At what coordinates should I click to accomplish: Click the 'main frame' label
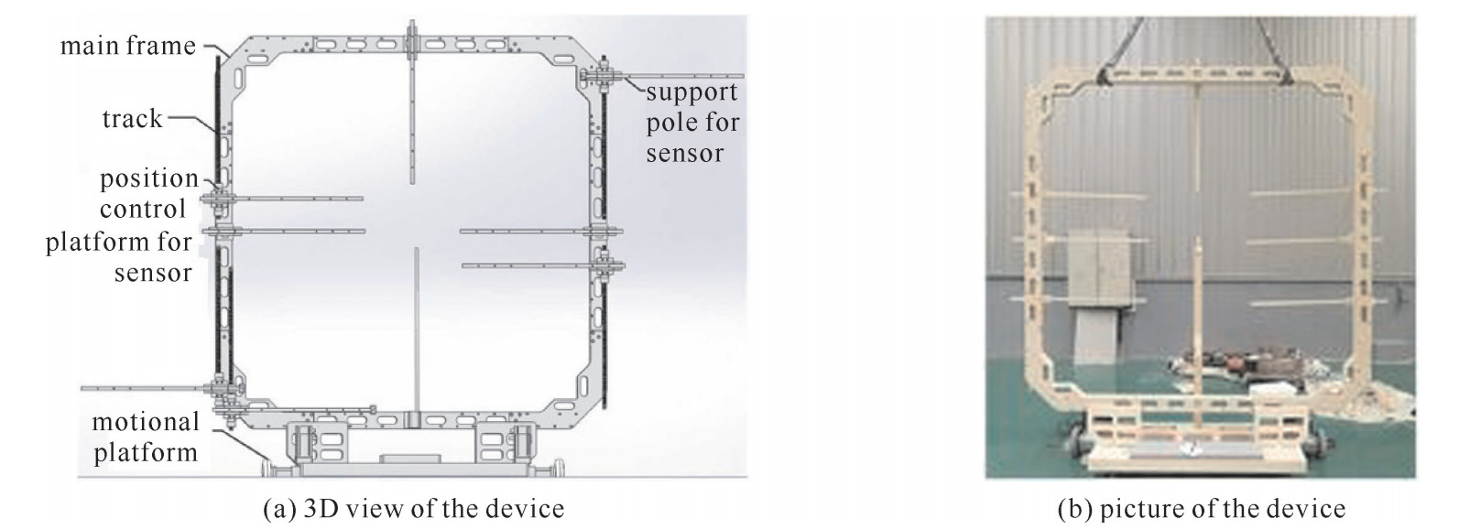128,46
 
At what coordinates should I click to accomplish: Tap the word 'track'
132,119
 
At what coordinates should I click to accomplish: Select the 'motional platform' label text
145,437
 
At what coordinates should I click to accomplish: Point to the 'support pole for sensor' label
691,123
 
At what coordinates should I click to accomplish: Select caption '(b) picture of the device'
1201,509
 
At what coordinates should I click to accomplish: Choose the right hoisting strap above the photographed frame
1269,41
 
